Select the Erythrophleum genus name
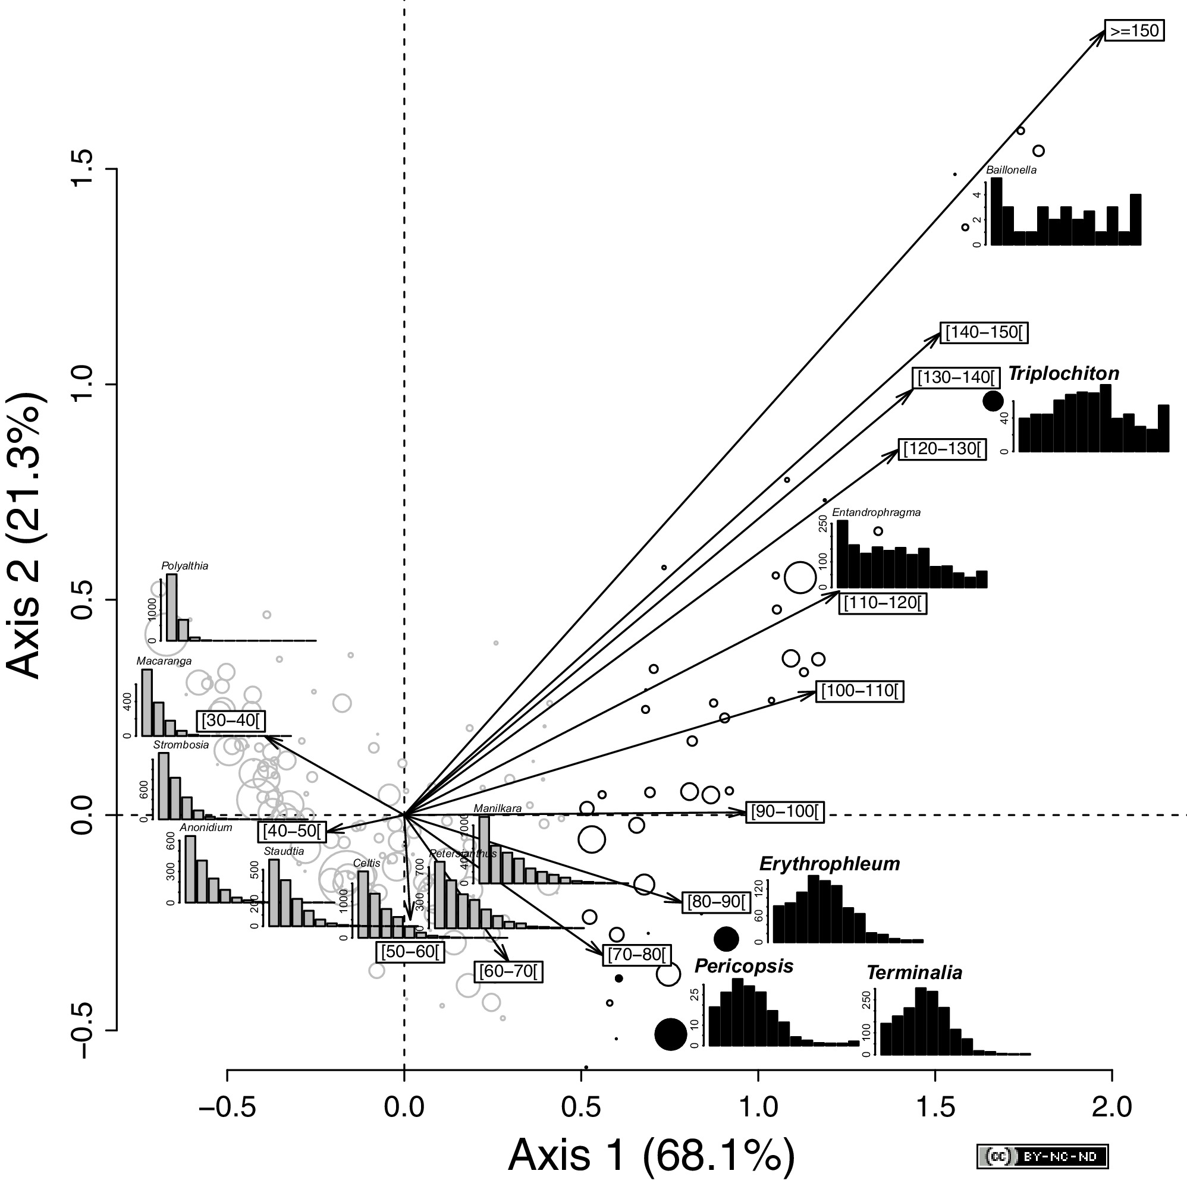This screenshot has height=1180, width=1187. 830,864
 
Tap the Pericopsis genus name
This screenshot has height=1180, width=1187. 744,966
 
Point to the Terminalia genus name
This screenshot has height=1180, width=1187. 914,973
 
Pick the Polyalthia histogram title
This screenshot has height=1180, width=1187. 185,566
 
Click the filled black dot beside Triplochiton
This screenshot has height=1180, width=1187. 993,401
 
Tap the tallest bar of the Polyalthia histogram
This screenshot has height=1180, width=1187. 172,607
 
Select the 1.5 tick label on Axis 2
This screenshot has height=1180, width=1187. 84,169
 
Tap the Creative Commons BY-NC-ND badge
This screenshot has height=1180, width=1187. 1042,1157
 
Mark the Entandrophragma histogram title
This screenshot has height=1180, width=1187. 876,512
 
